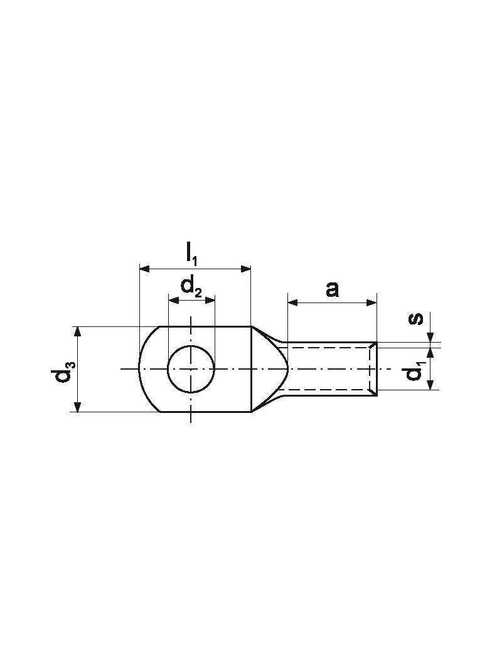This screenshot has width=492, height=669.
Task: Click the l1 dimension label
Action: [x=191, y=255]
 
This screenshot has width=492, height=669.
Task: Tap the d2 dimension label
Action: [x=191, y=286]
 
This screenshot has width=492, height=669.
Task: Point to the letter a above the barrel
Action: [x=332, y=289]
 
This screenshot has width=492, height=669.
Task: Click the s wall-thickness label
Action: [x=416, y=319]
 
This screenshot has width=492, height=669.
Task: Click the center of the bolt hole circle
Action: [x=191, y=368]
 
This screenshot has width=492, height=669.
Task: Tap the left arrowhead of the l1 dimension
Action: [x=145, y=269]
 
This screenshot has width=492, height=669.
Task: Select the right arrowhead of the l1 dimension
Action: [x=246, y=269]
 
